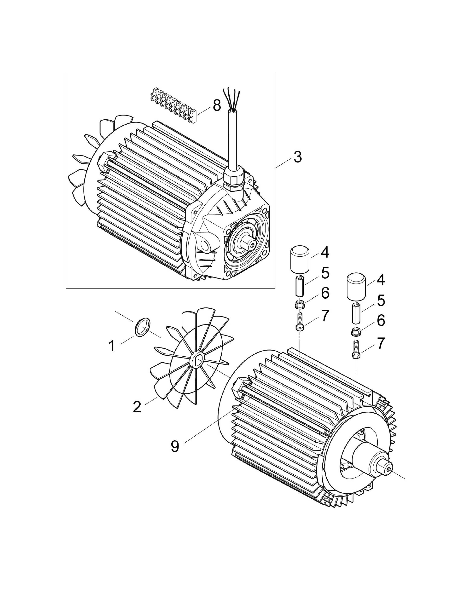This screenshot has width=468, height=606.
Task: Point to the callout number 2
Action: point(137,407)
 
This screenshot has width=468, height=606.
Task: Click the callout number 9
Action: point(175,446)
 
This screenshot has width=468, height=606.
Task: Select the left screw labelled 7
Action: point(300,321)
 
